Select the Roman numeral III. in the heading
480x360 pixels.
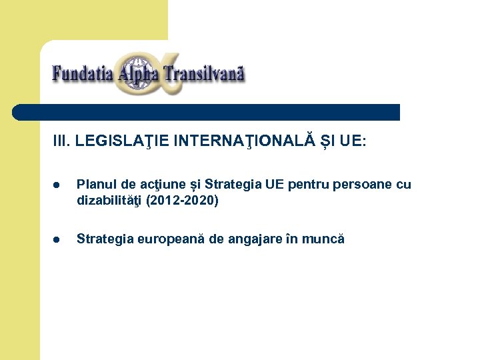pos(62,141)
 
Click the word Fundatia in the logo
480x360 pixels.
pos(83,72)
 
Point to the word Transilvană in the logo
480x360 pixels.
pos(203,72)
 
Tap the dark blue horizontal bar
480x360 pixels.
pos(207,112)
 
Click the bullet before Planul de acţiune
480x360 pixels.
pos(58,185)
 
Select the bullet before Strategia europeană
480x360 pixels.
pos(58,239)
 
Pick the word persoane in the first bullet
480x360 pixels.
pos(361,185)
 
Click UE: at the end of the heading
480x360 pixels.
pos(353,141)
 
